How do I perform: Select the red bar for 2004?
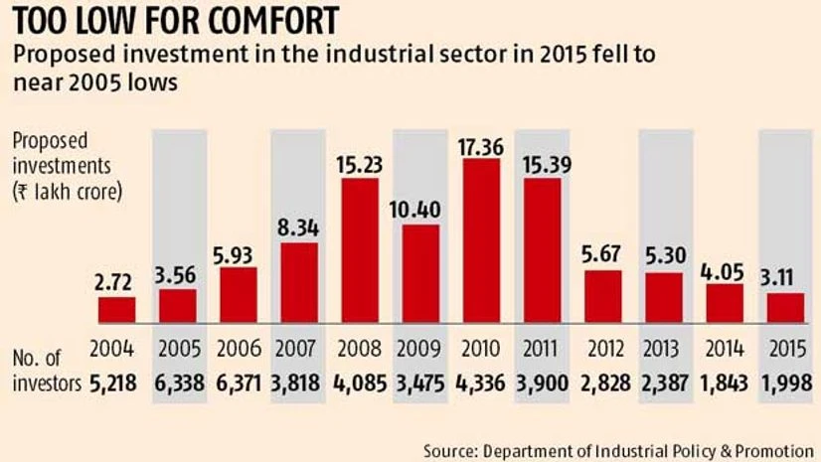click(116, 310)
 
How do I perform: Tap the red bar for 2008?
click(359, 250)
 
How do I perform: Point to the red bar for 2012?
click(602, 296)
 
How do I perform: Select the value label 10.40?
click(420, 212)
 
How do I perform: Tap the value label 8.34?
click(298, 230)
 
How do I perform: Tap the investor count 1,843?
click(724, 383)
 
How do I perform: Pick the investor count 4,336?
click(481, 383)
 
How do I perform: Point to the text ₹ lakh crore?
click(67, 192)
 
